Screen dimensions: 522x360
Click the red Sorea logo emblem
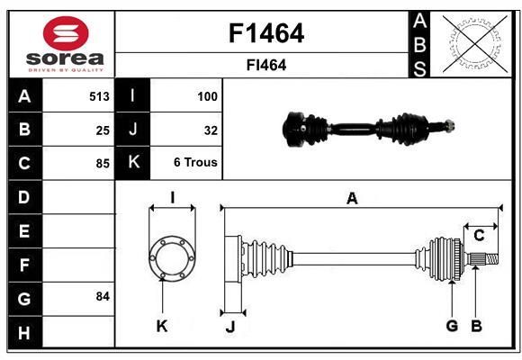point(66,33)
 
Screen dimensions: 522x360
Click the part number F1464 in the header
point(266,33)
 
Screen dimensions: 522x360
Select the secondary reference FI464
point(266,66)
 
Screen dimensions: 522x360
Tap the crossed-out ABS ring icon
point(475,44)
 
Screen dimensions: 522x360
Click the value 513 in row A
point(99,96)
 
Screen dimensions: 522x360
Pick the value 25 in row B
point(103,130)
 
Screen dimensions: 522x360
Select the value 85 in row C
point(103,164)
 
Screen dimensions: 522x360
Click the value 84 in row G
point(103,296)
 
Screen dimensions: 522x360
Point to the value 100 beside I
point(207,96)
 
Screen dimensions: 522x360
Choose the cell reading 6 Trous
point(195,162)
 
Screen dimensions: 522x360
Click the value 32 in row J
point(211,130)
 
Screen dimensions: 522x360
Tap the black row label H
point(25,332)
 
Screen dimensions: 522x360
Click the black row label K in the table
point(133,163)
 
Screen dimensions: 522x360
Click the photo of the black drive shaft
point(368,129)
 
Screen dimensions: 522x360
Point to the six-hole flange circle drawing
point(172,258)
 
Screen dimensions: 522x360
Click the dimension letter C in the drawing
point(479,236)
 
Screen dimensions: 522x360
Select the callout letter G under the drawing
point(452,326)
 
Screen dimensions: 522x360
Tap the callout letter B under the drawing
point(476,326)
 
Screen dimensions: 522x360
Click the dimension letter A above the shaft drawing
point(352,199)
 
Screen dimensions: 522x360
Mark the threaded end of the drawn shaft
point(491,259)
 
